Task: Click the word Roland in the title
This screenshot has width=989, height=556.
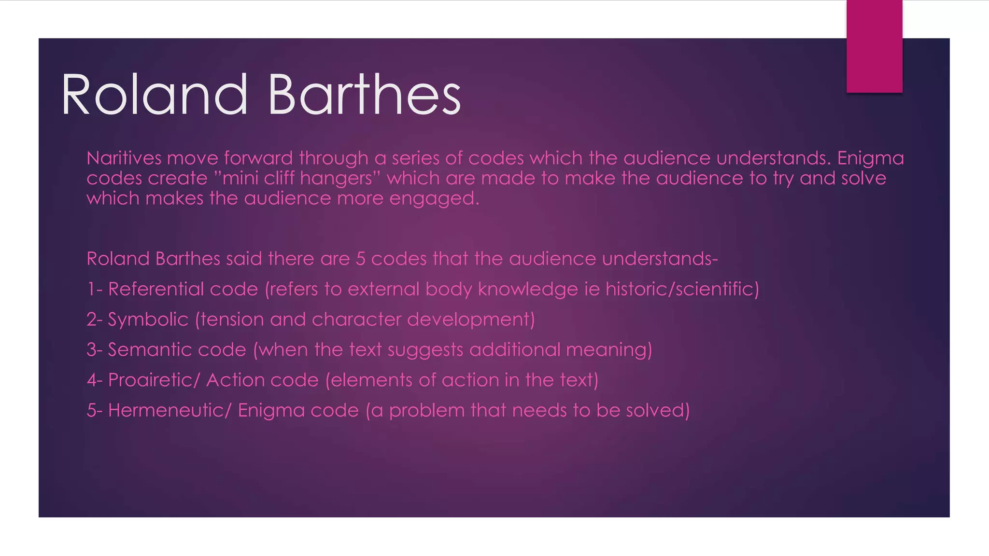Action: [154, 95]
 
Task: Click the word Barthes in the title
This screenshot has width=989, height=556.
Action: [364, 95]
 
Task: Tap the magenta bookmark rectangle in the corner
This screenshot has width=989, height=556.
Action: [874, 46]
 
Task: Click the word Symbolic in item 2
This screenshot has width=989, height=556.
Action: [148, 320]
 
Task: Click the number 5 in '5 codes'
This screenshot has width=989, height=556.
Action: [360, 259]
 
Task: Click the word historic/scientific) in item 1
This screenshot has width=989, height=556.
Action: [682, 289]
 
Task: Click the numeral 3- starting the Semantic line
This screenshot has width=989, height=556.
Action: [94, 350]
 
